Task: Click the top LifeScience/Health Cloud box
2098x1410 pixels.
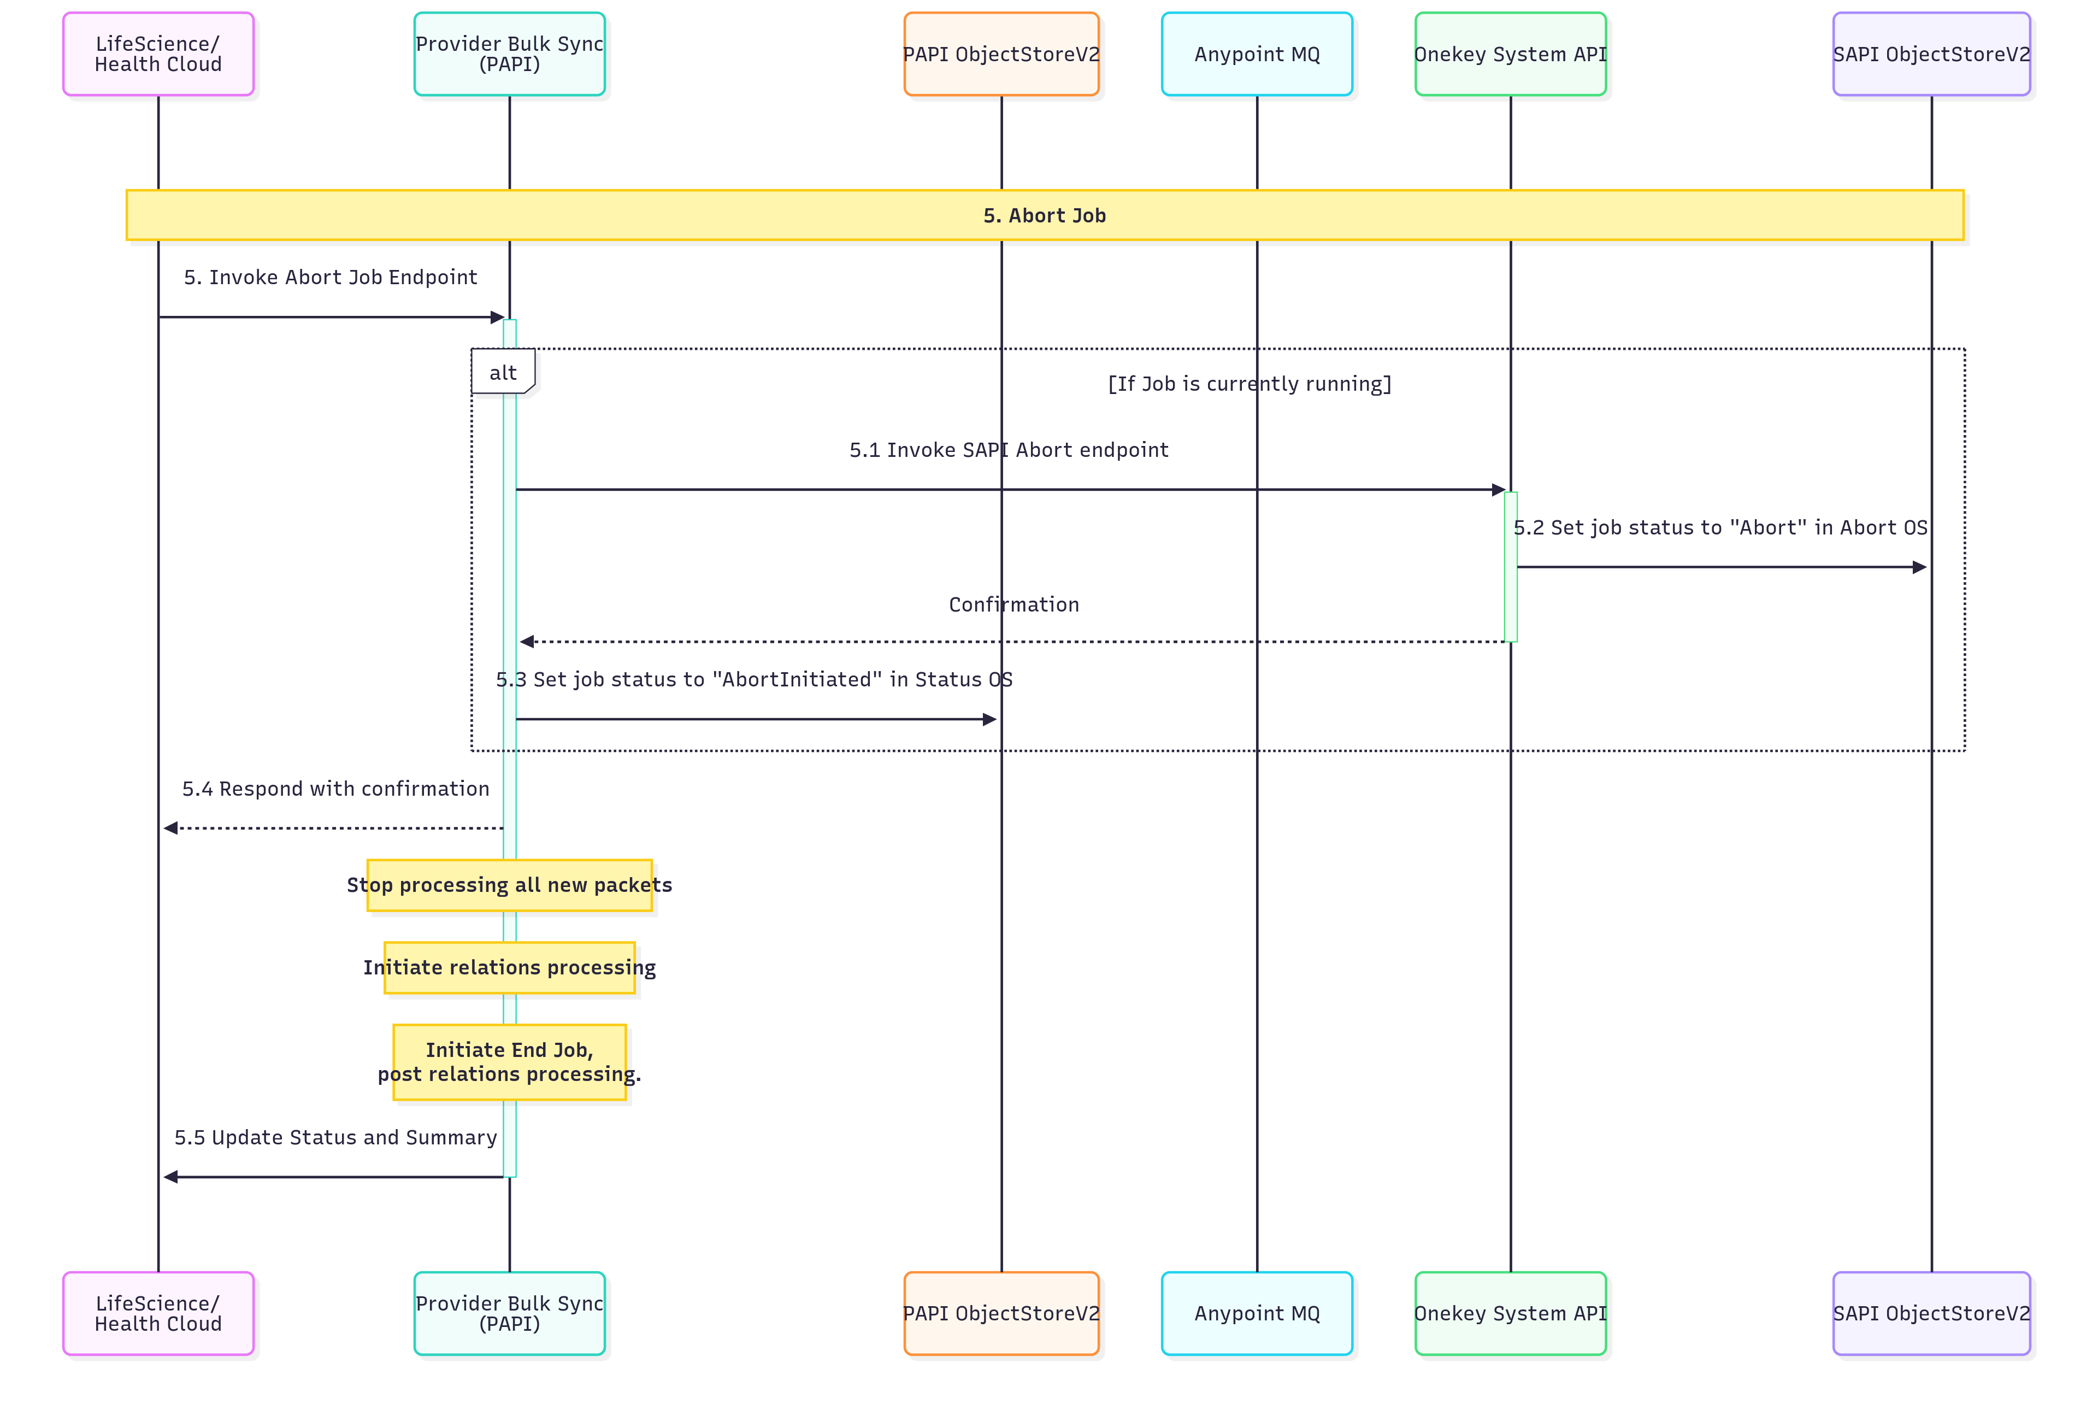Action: [158, 54]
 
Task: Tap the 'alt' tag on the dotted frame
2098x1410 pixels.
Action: [503, 372]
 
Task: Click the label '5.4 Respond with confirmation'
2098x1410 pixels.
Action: [335, 789]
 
